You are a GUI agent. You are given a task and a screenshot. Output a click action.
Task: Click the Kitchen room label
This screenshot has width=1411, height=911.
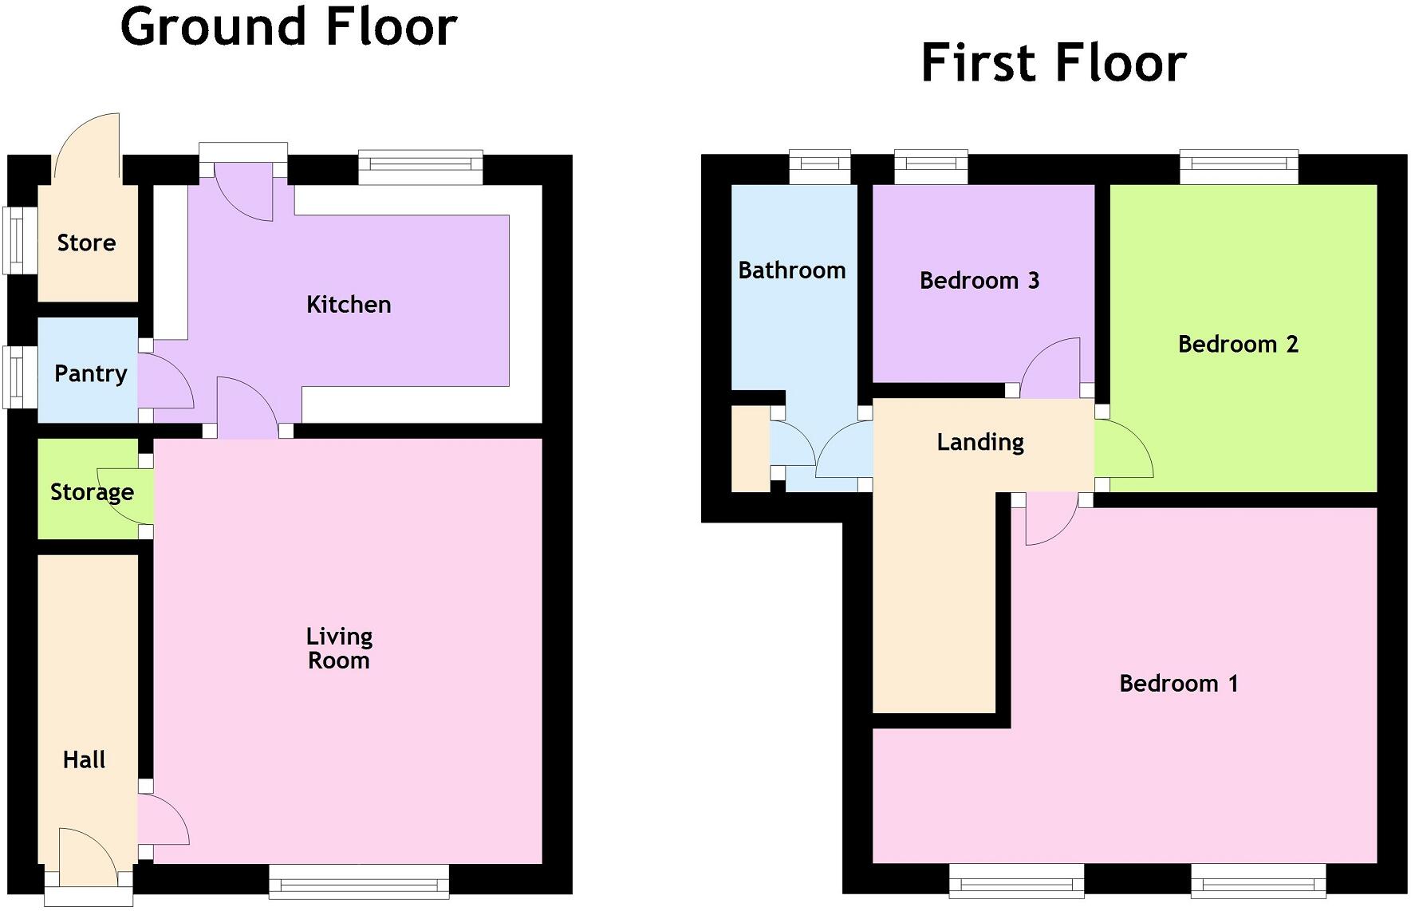[349, 305]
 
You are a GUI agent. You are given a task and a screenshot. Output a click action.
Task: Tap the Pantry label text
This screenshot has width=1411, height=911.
[90, 373]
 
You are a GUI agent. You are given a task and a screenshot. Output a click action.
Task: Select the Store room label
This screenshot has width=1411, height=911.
[86, 243]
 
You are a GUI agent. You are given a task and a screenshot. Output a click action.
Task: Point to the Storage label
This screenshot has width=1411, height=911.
[92, 492]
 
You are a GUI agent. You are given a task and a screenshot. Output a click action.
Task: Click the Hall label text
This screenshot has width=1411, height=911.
[84, 759]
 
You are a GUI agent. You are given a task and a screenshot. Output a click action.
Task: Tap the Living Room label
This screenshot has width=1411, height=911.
[339, 648]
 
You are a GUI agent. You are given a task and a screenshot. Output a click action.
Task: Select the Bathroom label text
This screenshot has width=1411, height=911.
[791, 270]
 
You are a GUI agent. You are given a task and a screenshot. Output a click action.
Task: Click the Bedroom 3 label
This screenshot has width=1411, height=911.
[979, 281]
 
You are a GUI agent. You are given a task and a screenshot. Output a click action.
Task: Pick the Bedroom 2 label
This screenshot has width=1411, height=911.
[1238, 345]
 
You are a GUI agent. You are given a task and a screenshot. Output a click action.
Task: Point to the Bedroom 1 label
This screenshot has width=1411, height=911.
[1178, 684]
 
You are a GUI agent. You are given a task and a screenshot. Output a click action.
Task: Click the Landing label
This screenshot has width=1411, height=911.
[980, 442]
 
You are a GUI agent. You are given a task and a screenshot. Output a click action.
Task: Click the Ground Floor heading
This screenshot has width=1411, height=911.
[289, 26]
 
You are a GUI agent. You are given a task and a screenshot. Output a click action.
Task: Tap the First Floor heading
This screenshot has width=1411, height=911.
[1053, 63]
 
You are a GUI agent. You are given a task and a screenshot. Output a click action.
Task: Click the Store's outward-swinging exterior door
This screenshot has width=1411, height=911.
[86, 148]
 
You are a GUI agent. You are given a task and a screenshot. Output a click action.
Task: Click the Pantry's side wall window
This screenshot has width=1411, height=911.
[20, 377]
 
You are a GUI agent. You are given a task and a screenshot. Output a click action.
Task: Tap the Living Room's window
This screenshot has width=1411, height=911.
[359, 881]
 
